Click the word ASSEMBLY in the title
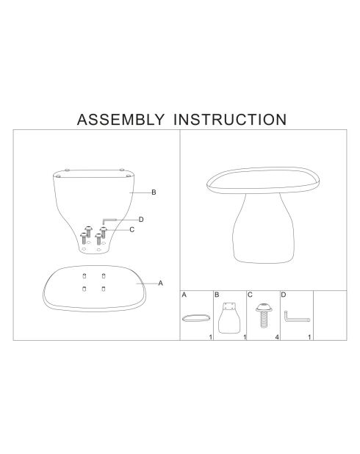pyautogui.click(x=120, y=120)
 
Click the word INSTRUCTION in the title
pyautogui.click(x=230, y=120)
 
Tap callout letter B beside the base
pyautogui.click(x=154, y=192)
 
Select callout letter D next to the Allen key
pyautogui.click(x=141, y=220)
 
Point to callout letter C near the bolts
pyautogui.click(x=132, y=230)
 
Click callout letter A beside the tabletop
pyautogui.click(x=160, y=283)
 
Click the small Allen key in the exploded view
pyautogui.click(x=109, y=220)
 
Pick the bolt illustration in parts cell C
pyautogui.click(x=264, y=315)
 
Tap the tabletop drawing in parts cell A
pyautogui.click(x=196, y=317)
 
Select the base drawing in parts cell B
pyautogui.click(x=229, y=318)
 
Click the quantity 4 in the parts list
pyautogui.click(x=277, y=337)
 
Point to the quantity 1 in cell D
pyautogui.click(x=309, y=337)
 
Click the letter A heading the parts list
pyautogui.click(x=184, y=295)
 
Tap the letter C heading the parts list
pyautogui.click(x=250, y=295)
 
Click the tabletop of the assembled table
pyautogui.click(x=263, y=180)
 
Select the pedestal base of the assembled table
pyautogui.click(x=263, y=228)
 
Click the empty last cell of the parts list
pyautogui.click(x=330, y=315)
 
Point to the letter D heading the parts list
pyautogui.click(x=284, y=295)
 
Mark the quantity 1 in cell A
pyautogui.click(x=211, y=337)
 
